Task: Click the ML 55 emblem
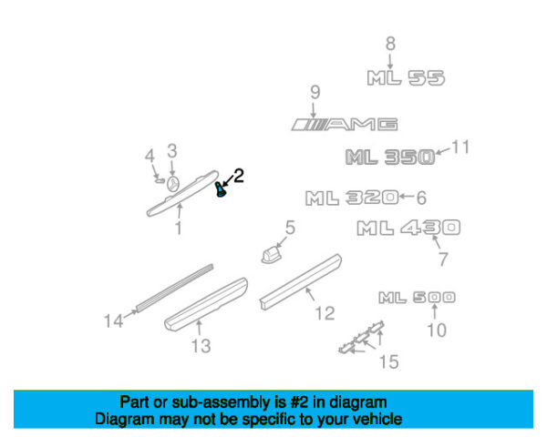pos(406,77)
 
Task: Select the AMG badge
pos(345,125)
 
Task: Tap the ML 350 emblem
pos(390,157)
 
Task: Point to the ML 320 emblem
pos(352,198)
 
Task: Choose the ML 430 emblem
pos(408,228)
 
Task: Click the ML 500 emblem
pos(417,298)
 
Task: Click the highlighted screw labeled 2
pos(220,189)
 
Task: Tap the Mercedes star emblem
pos(172,184)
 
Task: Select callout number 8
pos(390,44)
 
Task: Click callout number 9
pos(315,92)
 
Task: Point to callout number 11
pos(460,147)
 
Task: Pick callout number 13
pos(201,346)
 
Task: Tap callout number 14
pos(114,321)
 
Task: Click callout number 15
pos(389,361)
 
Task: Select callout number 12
pos(325,313)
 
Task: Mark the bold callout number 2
pos(238,176)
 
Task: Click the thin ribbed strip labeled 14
pos(174,288)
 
